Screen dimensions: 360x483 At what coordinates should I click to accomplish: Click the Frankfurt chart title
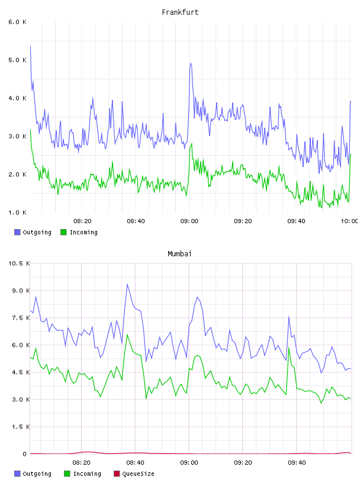(180, 12)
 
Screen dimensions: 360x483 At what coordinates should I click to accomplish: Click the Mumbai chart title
(179, 254)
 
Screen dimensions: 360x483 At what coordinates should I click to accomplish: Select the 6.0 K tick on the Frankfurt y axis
(18, 22)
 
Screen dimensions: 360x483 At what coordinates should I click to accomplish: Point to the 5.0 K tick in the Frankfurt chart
(18, 60)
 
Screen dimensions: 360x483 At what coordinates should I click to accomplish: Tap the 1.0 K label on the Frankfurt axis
(18, 212)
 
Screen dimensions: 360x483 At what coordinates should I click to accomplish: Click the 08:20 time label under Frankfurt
(83, 221)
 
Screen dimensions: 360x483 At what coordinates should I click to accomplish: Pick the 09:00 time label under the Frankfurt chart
(189, 221)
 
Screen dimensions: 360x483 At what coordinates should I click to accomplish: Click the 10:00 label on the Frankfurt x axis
(349, 221)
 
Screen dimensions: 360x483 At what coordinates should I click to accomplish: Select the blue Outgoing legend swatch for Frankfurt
(17, 232)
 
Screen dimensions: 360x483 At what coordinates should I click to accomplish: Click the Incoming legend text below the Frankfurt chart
(83, 232)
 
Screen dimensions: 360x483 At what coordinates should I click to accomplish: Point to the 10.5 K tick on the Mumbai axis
(19, 263)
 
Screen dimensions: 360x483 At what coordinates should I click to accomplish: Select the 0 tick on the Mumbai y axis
(25, 454)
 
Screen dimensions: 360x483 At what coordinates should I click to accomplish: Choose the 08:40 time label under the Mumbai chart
(136, 463)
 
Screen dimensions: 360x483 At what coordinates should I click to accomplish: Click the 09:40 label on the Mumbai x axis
(297, 463)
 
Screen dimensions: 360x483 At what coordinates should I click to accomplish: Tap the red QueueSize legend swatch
(117, 474)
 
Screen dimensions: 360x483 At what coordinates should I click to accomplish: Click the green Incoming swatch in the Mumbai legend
(67, 474)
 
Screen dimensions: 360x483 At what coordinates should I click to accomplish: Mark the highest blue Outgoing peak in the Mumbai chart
(127, 284)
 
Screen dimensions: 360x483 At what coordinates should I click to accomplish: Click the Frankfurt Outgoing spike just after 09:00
(191, 63)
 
